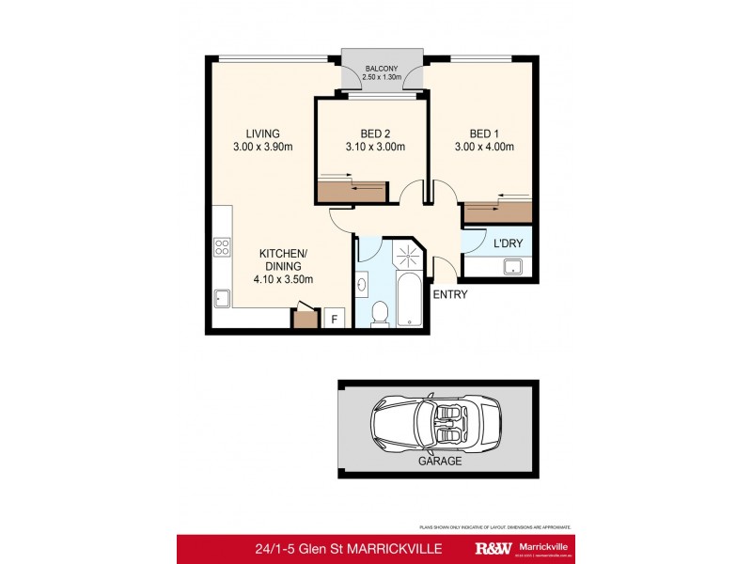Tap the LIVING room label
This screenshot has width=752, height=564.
(x=263, y=133)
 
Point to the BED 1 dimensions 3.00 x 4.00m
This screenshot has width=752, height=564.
(x=485, y=147)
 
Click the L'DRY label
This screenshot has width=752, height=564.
(x=509, y=244)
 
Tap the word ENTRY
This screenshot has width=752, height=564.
(x=449, y=294)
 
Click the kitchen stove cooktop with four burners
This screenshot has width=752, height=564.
(x=222, y=248)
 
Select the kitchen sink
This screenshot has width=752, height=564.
(x=222, y=298)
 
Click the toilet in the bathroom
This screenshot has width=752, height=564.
(x=380, y=313)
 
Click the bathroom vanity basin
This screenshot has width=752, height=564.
(x=363, y=281)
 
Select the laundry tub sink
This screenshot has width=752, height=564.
(x=512, y=268)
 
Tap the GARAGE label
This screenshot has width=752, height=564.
(x=439, y=462)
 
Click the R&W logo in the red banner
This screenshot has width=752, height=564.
(x=493, y=549)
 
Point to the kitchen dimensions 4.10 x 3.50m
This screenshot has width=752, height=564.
(x=282, y=279)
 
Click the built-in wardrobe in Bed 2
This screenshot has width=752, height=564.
(x=352, y=191)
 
